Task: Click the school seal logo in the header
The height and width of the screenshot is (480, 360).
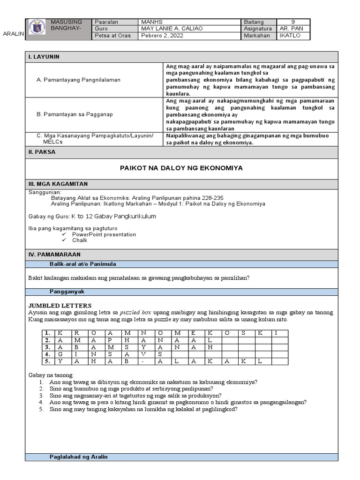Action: click(x=37, y=29)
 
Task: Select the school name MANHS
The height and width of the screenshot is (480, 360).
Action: click(x=150, y=22)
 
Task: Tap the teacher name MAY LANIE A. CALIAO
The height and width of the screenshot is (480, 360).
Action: click(x=172, y=29)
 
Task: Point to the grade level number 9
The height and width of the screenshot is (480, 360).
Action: click(x=293, y=22)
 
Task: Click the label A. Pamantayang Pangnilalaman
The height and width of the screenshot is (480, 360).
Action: click(x=78, y=80)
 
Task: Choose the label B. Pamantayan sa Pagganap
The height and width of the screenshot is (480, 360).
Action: click(x=74, y=114)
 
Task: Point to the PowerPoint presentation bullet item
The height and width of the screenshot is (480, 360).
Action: click(x=104, y=234)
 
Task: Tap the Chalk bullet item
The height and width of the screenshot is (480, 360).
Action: click(x=80, y=240)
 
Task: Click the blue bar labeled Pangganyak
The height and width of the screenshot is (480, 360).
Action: click(x=67, y=292)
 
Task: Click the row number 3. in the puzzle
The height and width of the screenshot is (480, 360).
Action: click(x=47, y=347)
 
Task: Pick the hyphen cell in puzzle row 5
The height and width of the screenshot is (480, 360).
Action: click(x=142, y=361)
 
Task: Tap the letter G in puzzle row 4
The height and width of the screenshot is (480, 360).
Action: click(x=60, y=354)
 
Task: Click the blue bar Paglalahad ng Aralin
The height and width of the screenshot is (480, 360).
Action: click(x=79, y=457)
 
